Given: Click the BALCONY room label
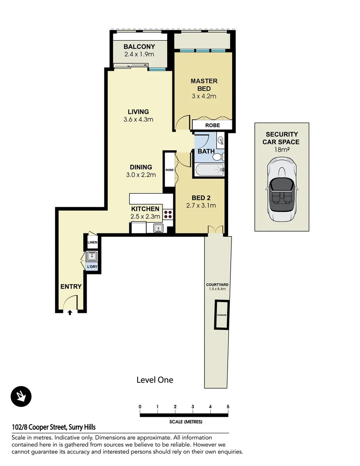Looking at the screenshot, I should click(139, 47).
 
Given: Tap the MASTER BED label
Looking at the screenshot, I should click(204, 85).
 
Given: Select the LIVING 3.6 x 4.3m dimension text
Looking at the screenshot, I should click(138, 120).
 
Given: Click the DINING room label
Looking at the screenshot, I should click(141, 167).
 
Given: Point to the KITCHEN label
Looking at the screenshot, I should click(145, 209).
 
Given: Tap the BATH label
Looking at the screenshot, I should click(206, 151).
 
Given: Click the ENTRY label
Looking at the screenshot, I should click(71, 286).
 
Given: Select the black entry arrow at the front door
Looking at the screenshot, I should click(70, 313).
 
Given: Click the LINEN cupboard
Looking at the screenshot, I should click(92, 242).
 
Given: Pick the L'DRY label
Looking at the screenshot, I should click(92, 267).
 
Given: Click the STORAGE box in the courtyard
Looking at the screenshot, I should click(222, 315).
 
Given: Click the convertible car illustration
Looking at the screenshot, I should click(282, 189).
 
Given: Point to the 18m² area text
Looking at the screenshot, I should click(282, 149).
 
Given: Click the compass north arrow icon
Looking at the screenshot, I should click(21, 396).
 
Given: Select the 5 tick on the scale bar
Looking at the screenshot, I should click(228, 407).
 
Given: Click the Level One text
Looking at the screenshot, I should click(155, 380).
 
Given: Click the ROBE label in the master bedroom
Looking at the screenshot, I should click(212, 125).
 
